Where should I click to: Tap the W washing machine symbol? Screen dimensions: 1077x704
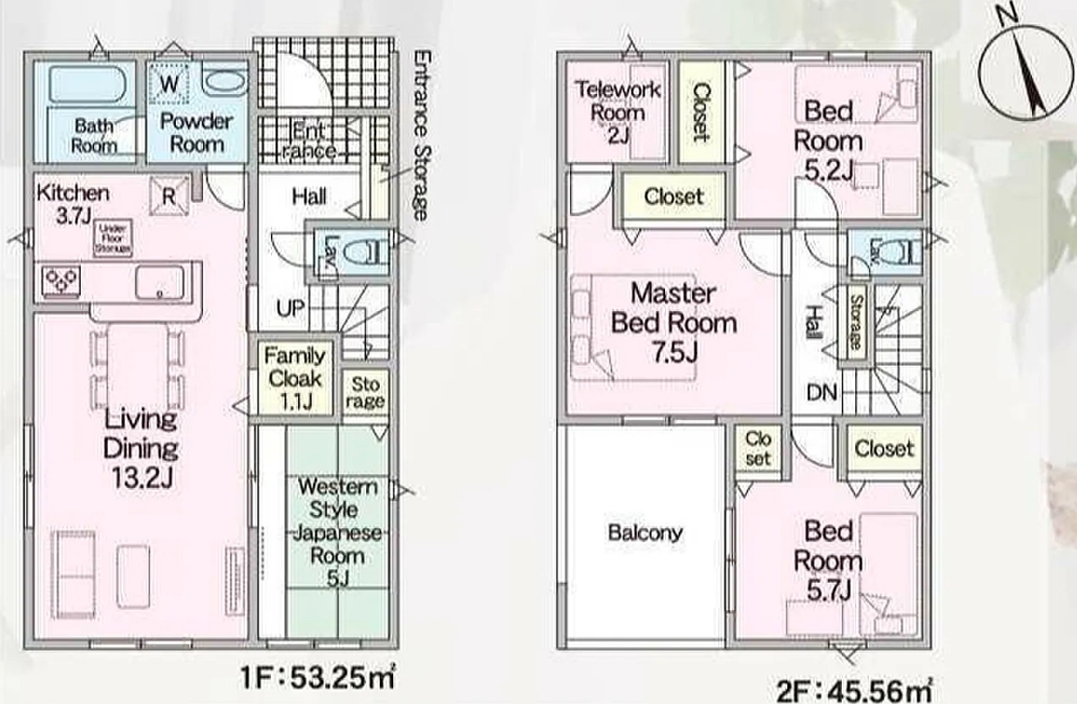(x=169, y=83)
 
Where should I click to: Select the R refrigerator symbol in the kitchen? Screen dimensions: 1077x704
(x=169, y=196)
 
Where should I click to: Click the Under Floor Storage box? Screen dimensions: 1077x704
(x=113, y=239)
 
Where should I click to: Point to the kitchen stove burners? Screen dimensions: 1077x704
(x=61, y=281)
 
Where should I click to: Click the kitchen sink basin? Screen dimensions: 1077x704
(x=159, y=282)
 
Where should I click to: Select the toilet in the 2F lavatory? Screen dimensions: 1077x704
(x=899, y=252)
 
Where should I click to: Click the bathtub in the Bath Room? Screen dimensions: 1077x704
(x=88, y=84)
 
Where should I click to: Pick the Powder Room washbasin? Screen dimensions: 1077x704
(x=224, y=82)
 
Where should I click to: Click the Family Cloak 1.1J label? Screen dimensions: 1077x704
(x=294, y=378)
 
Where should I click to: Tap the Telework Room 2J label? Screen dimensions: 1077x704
(x=617, y=112)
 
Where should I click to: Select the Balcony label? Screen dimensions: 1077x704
(x=645, y=533)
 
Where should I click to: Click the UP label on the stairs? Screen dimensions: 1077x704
(x=291, y=308)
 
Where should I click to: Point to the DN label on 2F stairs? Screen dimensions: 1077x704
(x=822, y=393)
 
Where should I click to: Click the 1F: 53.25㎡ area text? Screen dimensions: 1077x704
(x=318, y=678)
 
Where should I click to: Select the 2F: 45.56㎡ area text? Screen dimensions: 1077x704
(x=854, y=691)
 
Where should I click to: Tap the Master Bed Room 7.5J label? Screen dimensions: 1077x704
(x=674, y=323)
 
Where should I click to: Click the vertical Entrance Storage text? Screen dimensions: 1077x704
(x=421, y=135)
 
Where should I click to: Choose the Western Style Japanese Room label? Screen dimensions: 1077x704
(x=337, y=533)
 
